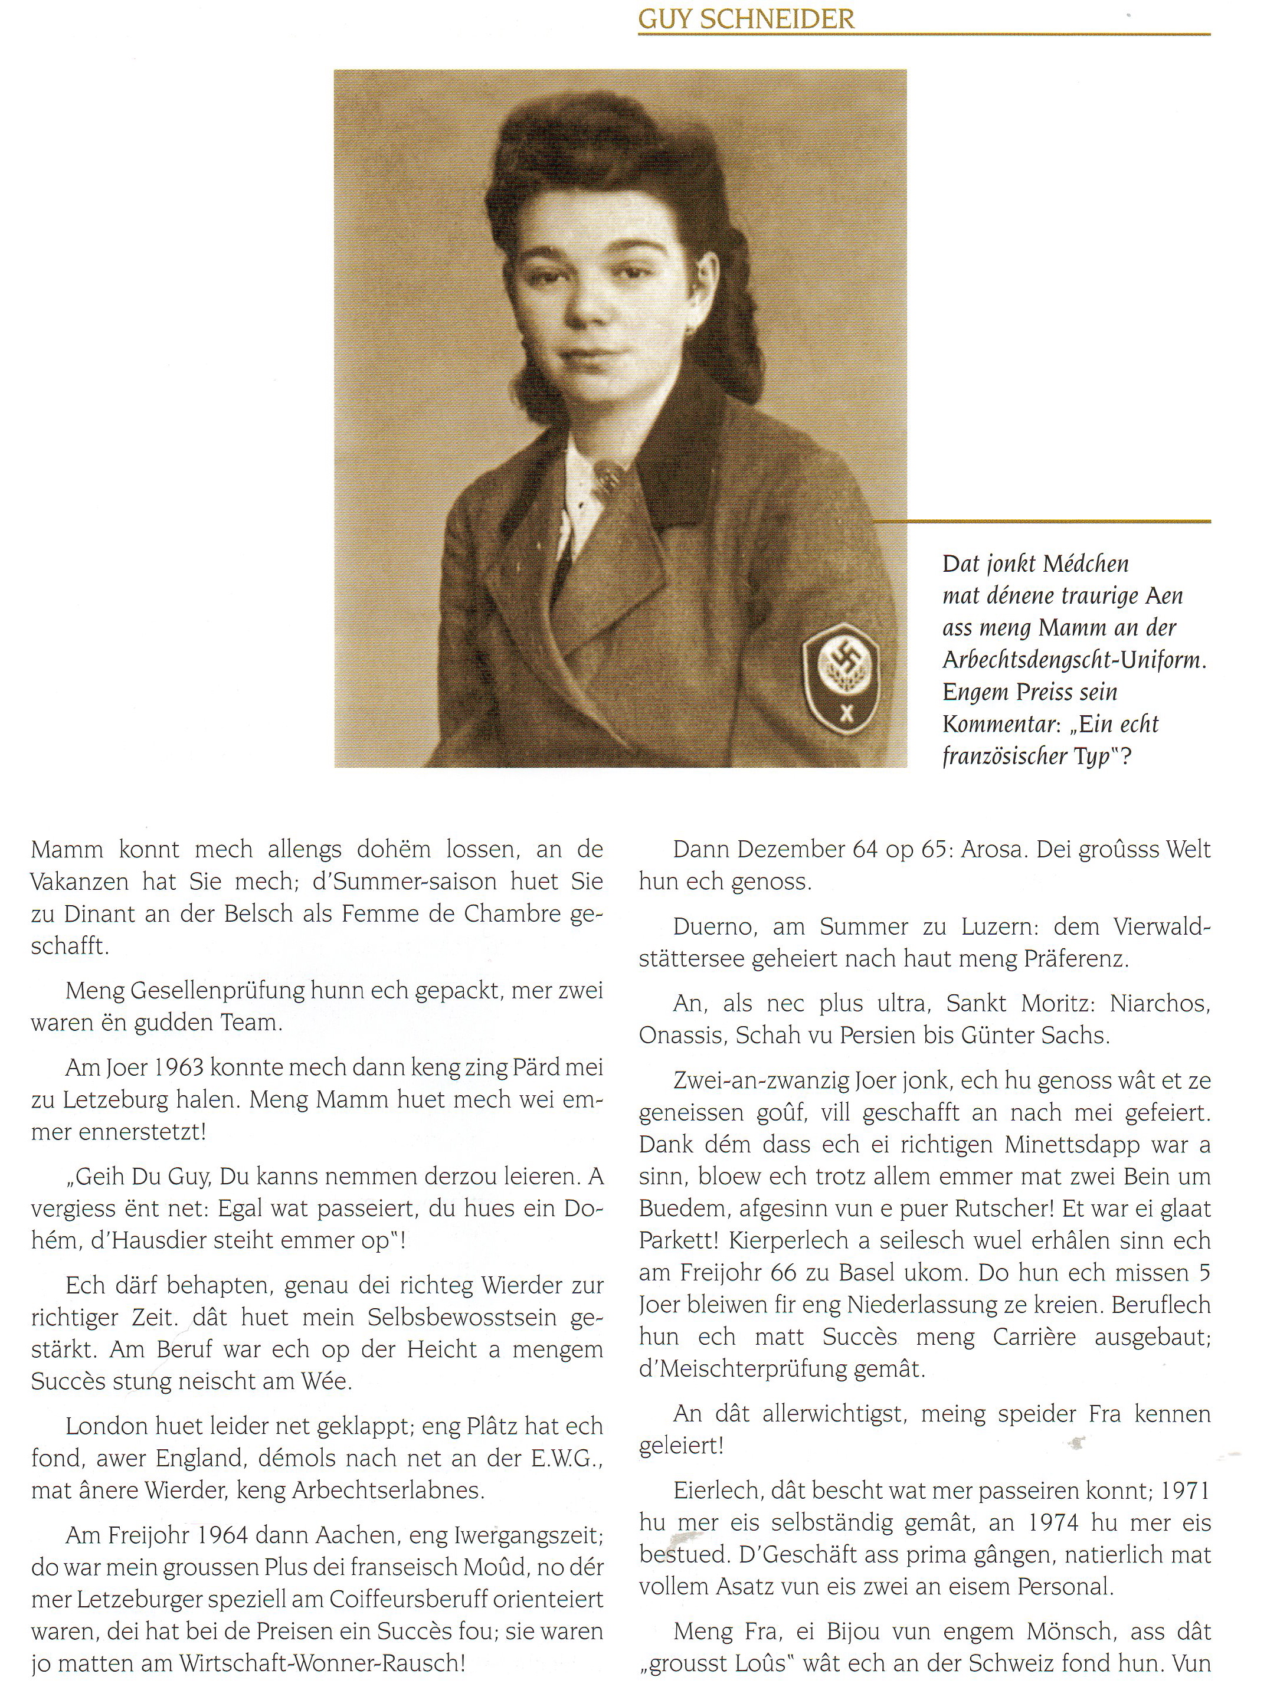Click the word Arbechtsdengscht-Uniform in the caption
1073,660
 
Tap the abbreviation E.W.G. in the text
566,1459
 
